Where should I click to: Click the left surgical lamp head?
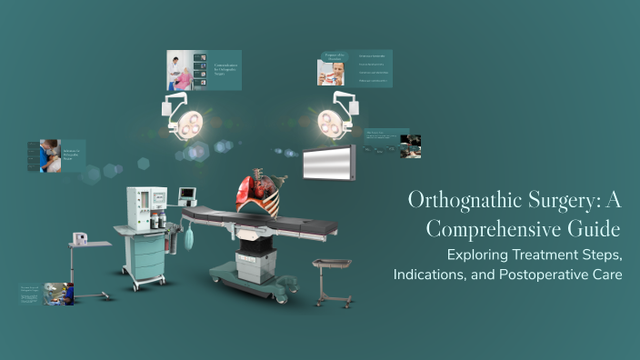[190, 126]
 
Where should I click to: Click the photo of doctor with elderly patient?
[180, 71]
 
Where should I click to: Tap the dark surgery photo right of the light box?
[411, 146]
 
